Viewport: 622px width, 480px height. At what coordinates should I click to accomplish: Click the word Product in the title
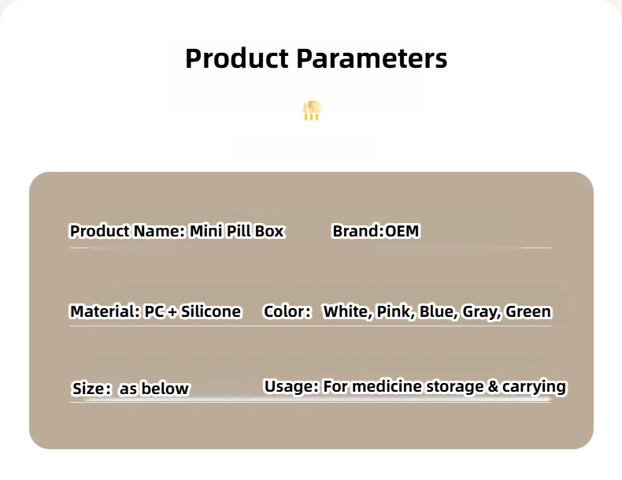237,58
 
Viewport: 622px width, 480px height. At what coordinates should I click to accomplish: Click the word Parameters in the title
372,58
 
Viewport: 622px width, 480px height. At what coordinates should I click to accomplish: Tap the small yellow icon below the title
312,111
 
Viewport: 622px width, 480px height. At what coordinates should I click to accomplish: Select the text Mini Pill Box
237,231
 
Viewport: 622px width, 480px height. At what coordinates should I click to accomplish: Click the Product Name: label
128,231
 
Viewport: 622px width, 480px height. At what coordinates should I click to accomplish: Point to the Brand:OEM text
376,231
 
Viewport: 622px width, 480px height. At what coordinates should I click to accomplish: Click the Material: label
106,311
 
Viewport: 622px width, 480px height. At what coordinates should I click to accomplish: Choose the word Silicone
211,311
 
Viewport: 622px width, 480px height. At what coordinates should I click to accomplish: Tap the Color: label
287,311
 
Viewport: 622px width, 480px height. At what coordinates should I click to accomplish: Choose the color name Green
529,311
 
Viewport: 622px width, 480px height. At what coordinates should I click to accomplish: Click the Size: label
91,389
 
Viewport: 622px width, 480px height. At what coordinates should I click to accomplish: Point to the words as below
154,389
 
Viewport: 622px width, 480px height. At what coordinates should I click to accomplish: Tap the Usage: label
291,386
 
